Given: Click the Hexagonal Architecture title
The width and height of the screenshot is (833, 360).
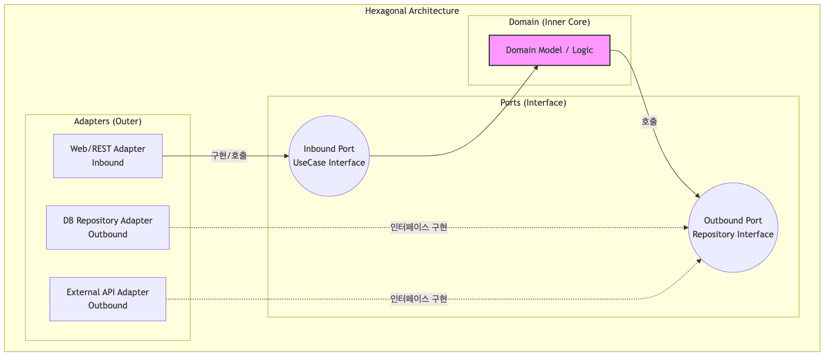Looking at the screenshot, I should coord(412,11).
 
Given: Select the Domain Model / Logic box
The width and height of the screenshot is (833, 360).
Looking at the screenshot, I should coord(549,50).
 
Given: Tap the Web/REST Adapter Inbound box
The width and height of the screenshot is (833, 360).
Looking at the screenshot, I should coord(108,156).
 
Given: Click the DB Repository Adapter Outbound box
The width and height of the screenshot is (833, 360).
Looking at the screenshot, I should coord(108,227).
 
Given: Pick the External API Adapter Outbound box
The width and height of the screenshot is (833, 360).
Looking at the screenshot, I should coord(108,299).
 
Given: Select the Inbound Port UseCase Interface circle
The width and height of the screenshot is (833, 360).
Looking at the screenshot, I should coord(329,156).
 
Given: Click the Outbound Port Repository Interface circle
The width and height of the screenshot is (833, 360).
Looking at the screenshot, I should coord(733,227).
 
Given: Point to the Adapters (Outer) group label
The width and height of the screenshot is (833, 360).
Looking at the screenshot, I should coord(108,121).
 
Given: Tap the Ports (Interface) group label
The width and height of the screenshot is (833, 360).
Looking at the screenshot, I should coord(533,102).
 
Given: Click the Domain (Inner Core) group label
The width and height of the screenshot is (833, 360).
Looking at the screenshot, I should coord(549,22).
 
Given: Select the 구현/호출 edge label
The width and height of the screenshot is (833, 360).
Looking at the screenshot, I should coord(229,156).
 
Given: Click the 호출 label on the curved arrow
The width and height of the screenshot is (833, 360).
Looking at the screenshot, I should coord(649,121).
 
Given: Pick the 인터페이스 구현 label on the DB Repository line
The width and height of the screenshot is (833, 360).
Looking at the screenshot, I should coord(419,227).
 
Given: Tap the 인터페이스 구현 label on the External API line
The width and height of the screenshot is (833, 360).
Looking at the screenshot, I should coord(419,299).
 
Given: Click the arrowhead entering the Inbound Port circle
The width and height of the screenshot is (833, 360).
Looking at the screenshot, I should coord(285,156).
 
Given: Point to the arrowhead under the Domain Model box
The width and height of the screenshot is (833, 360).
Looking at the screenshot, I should coord(537,67).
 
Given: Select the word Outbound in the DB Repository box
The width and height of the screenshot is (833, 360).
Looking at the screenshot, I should coord(108,234).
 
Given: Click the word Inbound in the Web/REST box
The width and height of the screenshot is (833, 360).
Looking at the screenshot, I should coord(108,162).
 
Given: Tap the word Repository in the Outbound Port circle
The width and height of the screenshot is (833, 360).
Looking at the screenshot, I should coord(713,234).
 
